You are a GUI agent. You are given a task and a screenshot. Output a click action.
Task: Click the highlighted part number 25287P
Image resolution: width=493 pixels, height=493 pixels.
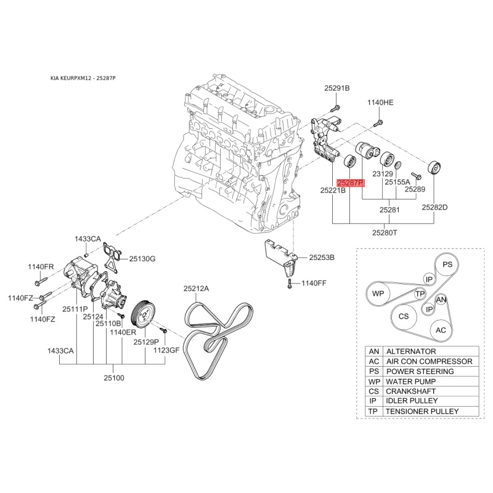click(351, 183)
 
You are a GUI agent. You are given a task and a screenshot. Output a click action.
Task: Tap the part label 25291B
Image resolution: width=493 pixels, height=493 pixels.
click(337, 89)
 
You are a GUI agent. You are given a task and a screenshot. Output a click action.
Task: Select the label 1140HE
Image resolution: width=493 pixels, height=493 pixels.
click(380, 102)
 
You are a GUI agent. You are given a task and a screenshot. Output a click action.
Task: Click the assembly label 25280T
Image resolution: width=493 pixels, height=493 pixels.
click(385, 233)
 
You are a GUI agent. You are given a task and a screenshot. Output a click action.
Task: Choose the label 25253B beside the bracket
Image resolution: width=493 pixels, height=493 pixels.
click(322, 257)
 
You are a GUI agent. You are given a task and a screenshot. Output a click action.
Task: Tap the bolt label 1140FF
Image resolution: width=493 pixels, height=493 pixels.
click(314, 283)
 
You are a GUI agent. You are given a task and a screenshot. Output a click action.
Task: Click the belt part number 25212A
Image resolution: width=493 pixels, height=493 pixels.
click(196, 288)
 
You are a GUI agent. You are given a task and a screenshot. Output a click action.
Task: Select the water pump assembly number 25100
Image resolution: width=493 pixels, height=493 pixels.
click(114, 377)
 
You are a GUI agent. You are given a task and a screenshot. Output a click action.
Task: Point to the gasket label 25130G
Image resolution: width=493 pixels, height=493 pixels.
click(142, 258)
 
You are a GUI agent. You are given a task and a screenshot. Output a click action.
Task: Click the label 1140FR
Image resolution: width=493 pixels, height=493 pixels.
click(41, 266)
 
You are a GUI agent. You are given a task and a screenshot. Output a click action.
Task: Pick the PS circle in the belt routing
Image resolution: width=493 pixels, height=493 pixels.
click(448, 264)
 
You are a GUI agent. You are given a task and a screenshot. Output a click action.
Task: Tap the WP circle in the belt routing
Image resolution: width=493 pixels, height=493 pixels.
click(377, 294)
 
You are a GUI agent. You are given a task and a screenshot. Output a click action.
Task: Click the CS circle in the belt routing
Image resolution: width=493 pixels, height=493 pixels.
click(404, 316)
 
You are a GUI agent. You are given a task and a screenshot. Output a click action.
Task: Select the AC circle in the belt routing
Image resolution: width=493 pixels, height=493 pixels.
click(441, 330)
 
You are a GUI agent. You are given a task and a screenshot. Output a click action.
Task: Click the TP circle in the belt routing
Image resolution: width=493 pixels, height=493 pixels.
click(419, 294)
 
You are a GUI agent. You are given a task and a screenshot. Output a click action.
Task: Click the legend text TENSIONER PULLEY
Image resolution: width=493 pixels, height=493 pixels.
click(422, 411)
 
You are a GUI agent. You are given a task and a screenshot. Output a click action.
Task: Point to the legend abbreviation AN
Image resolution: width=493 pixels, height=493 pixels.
click(373, 352)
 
